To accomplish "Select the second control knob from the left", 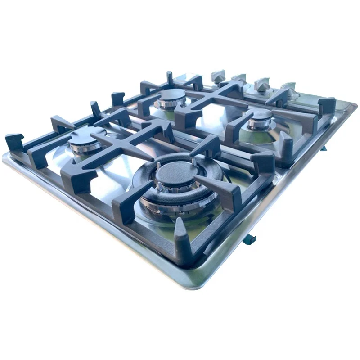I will (x=239, y=80).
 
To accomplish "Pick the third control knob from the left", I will (x=262, y=84).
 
